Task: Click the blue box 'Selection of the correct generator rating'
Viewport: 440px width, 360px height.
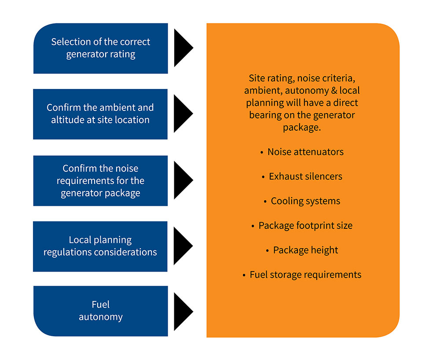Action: coord(100,48)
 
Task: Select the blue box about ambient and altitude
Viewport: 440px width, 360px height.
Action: coord(100,114)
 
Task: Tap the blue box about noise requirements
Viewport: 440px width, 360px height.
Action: coord(100,180)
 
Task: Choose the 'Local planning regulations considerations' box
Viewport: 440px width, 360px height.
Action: coord(100,246)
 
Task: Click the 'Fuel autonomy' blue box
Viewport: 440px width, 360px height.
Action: coord(100,311)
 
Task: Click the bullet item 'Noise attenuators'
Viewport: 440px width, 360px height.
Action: coord(305,152)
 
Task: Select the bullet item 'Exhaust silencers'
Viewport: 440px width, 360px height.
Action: coord(305,176)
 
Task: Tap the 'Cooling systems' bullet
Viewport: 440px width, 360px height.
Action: coord(305,201)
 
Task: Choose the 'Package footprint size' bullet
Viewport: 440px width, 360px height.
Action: coord(305,226)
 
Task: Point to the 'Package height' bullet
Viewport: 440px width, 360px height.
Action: coord(305,250)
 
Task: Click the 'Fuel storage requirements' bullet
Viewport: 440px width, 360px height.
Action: coord(305,275)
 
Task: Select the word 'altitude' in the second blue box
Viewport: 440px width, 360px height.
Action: coord(70,120)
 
